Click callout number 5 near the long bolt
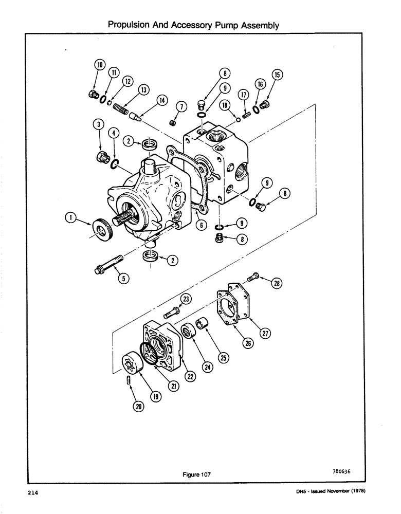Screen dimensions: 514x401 pos(123,278)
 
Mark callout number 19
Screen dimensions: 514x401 pos(155,396)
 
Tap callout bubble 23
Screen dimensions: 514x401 pos(185,299)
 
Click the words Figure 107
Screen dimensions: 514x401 pos(196,475)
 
